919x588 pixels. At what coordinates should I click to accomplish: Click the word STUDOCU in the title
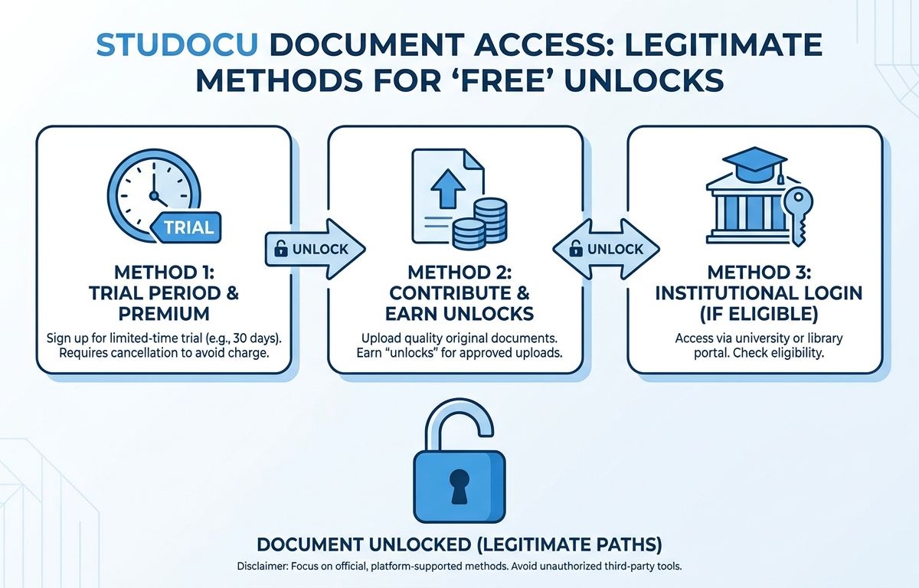[x=177, y=44]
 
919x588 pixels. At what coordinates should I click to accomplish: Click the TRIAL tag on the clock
[x=186, y=227]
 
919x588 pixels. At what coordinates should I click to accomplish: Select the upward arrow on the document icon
[x=448, y=189]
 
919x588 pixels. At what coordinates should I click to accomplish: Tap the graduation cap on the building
[x=755, y=165]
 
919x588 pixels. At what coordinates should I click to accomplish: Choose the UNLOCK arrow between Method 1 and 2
[x=315, y=249]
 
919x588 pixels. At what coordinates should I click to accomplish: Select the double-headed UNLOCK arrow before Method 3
[x=606, y=249]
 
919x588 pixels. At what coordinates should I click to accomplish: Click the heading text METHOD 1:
[x=164, y=273]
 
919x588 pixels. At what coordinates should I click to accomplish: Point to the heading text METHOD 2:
[x=459, y=273]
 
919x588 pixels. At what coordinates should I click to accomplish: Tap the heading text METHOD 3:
[x=759, y=273]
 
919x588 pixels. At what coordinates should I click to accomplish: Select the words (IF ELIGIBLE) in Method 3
[x=759, y=314]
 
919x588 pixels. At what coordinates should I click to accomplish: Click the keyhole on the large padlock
[x=459, y=486]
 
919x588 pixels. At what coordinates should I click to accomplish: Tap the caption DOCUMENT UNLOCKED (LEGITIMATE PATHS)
[x=459, y=544]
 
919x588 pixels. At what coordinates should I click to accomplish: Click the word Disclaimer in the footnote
[x=263, y=567]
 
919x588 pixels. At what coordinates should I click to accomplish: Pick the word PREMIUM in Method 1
[x=164, y=314]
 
